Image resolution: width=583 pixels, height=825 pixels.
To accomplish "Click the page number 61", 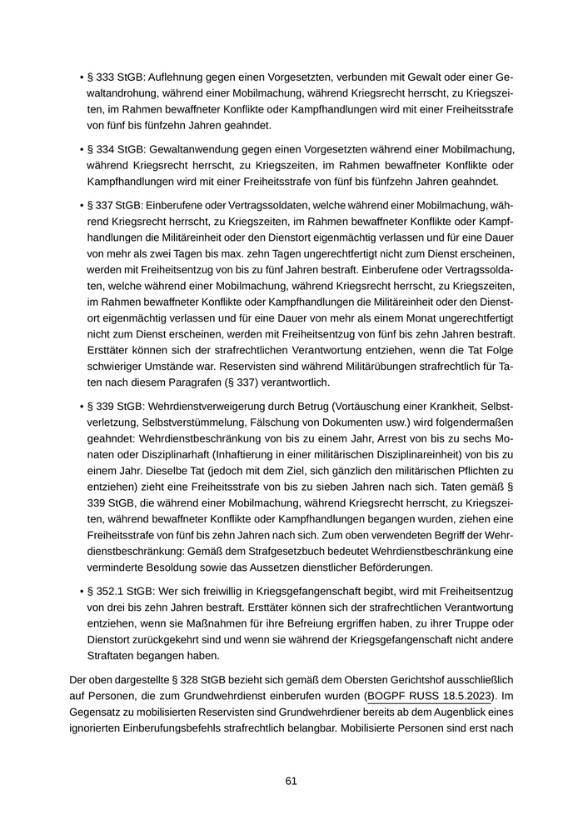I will (291, 781).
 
